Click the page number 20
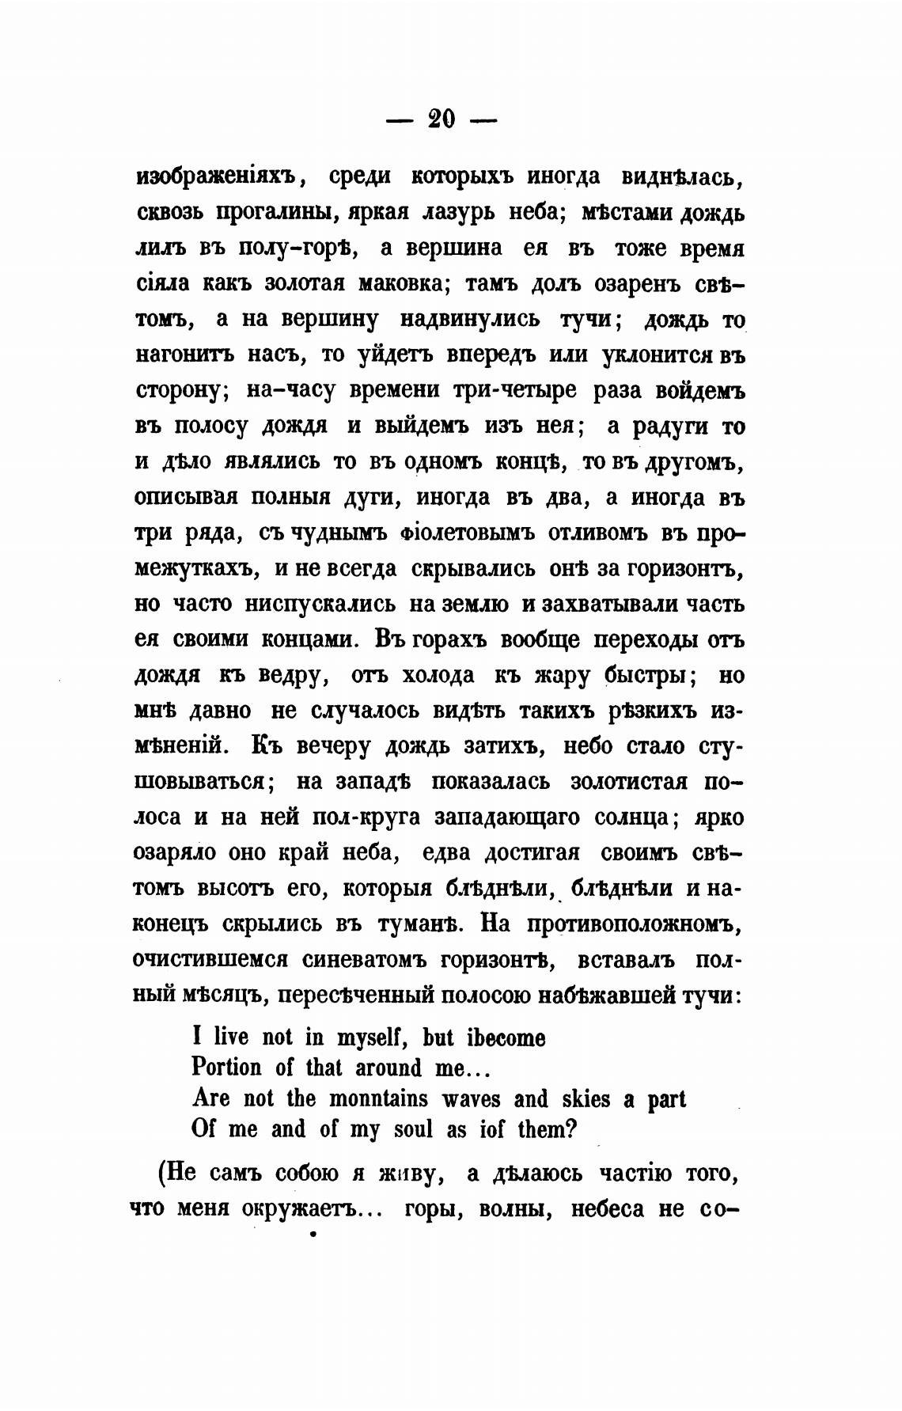pos(442,119)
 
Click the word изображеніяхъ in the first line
pos(218,177)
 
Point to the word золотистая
pos(626,781)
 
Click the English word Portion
pos(226,1068)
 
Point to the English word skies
pos(586,1099)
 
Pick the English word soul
pos(413,1129)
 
